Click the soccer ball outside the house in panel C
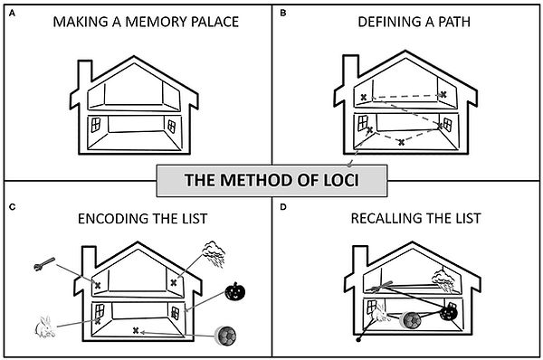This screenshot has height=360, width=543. [x=227, y=336]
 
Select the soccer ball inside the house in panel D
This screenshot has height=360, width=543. [x=412, y=318]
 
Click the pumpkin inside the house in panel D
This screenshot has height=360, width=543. [x=446, y=312]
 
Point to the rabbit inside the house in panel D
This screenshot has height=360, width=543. [x=383, y=316]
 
